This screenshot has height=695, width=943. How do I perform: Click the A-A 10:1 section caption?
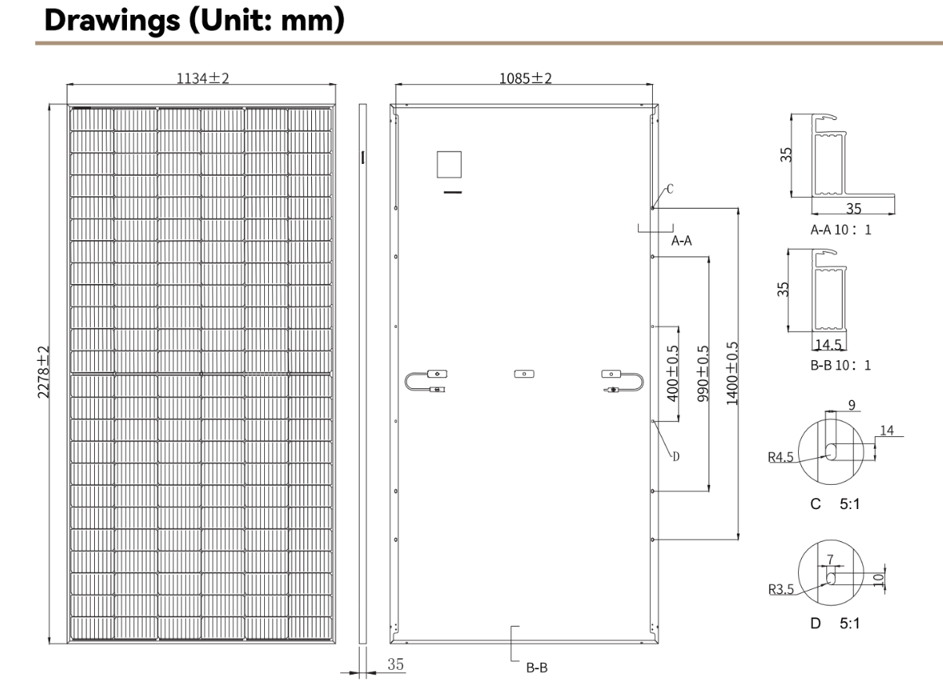[x=841, y=230]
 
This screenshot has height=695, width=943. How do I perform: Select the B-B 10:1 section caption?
[x=841, y=365]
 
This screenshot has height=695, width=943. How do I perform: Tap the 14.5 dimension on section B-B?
[x=829, y=344]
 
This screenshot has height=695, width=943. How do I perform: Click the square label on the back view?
[x=450, y=166]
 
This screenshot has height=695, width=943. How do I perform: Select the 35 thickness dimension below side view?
[x=396, y=664]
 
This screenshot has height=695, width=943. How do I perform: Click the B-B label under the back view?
[x=536, y=669]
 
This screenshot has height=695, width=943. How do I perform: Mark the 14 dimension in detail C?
[x=886, y=430]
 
